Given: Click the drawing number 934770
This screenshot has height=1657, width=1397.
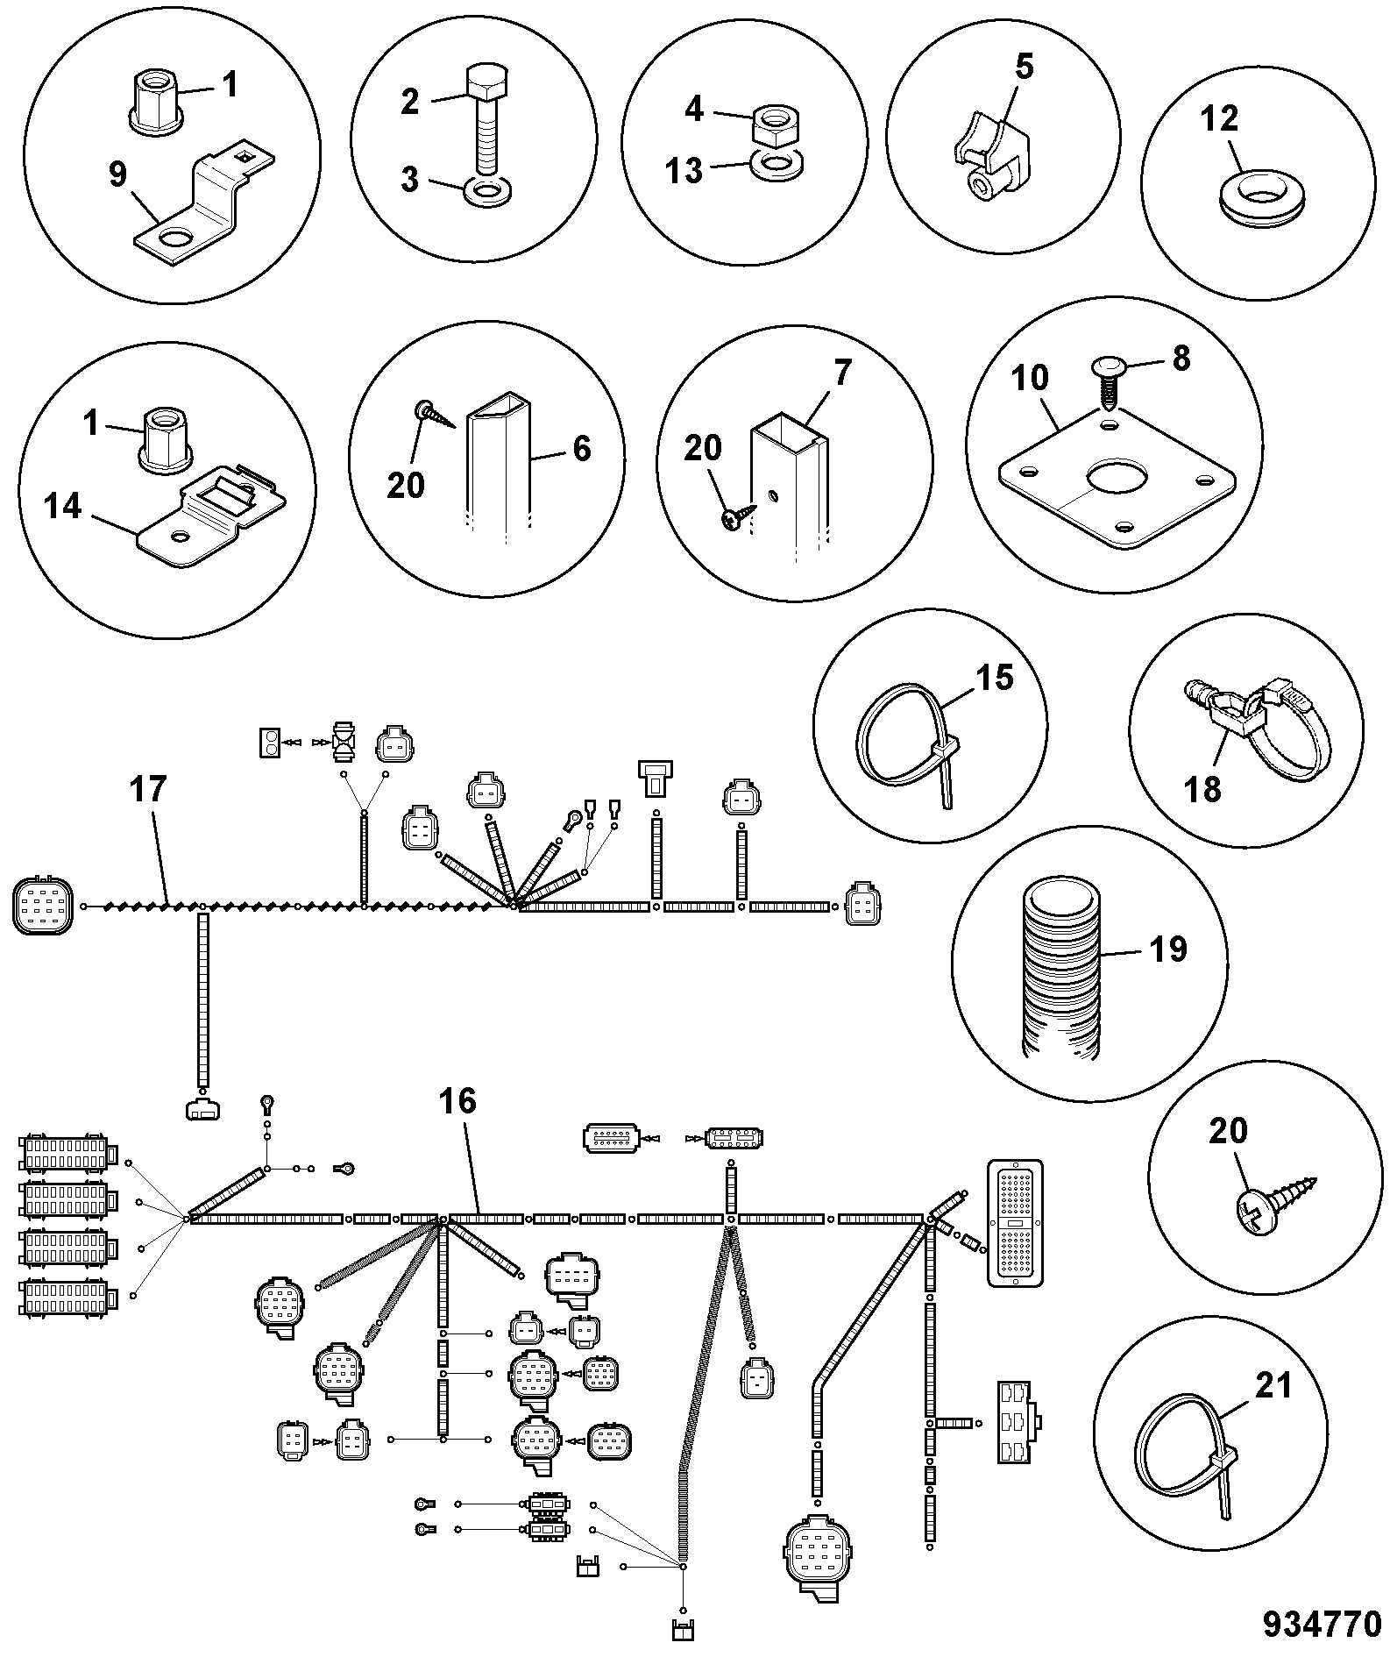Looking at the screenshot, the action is coord(1321,1623).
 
